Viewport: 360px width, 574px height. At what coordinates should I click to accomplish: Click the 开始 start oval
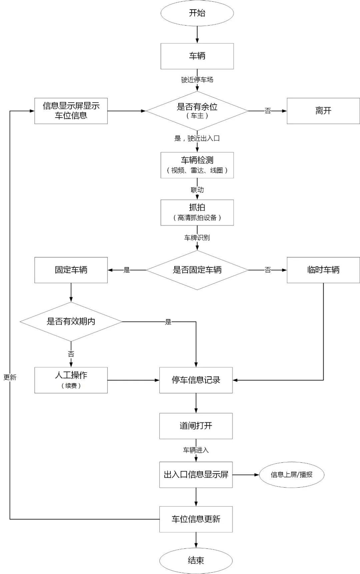[197, 13]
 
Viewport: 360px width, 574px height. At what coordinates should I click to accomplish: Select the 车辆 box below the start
[197, 56]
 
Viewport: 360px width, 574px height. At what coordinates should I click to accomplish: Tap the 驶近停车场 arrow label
[197, 80]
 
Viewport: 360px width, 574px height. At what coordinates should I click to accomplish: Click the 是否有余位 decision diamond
[197, 111]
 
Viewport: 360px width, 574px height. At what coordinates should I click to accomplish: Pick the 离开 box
[323, 111]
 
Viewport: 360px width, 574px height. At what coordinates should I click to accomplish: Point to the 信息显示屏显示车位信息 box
[71, 111]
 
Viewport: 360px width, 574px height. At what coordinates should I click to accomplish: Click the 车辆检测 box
[197, 165]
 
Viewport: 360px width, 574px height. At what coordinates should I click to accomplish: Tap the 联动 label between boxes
[197, 190]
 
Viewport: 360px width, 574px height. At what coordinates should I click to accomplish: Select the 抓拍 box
[197, 212]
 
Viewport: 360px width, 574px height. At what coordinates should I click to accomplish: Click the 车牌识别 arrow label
[197, 238]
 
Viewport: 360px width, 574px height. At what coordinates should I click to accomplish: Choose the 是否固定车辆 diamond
[197, 270]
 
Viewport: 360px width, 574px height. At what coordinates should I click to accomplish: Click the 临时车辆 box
[323, 270]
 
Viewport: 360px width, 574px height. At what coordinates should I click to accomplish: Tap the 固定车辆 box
[71, 270]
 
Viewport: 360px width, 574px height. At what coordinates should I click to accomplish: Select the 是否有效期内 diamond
[71, 322]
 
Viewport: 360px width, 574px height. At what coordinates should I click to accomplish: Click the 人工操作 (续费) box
[71, 380]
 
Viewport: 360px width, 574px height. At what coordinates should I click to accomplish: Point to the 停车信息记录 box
[196, 380]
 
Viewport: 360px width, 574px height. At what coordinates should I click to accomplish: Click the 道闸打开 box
[196, 426]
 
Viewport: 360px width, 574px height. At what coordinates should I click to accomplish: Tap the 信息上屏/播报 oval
[291, 475]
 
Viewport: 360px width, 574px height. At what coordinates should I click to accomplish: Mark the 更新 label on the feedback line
[10, 377]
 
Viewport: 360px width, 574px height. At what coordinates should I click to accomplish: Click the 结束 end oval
[196, 560]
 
